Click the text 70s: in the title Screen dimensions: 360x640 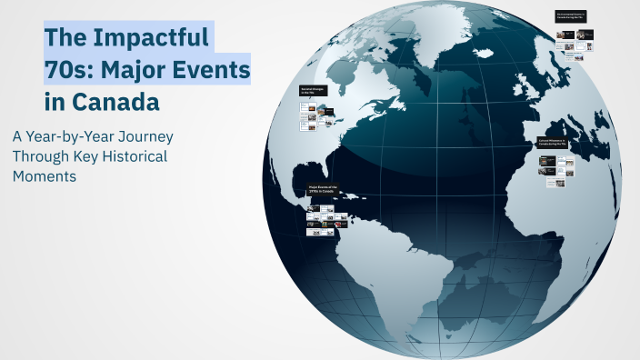pos(69,69)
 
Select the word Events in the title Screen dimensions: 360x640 pos(213,69)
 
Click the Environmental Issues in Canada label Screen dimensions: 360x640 pos(572,16)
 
